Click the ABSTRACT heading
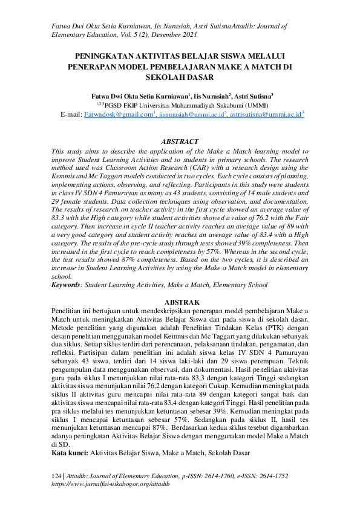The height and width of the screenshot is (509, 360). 180,141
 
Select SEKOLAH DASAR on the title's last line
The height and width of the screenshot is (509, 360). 180,77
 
